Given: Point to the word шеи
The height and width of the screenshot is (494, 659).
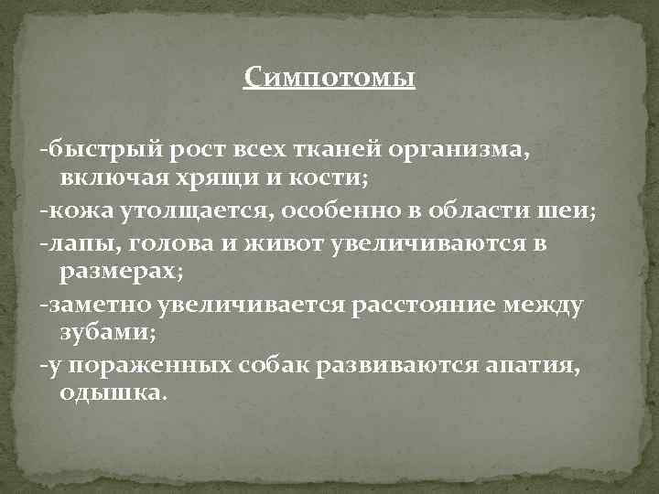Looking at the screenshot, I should tap(570, 210).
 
